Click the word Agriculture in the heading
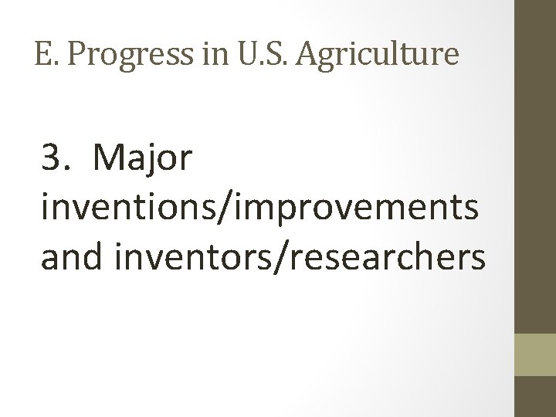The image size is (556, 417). [373, 55]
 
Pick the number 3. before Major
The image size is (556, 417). [56, 160]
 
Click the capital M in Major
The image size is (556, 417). [107, 160]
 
